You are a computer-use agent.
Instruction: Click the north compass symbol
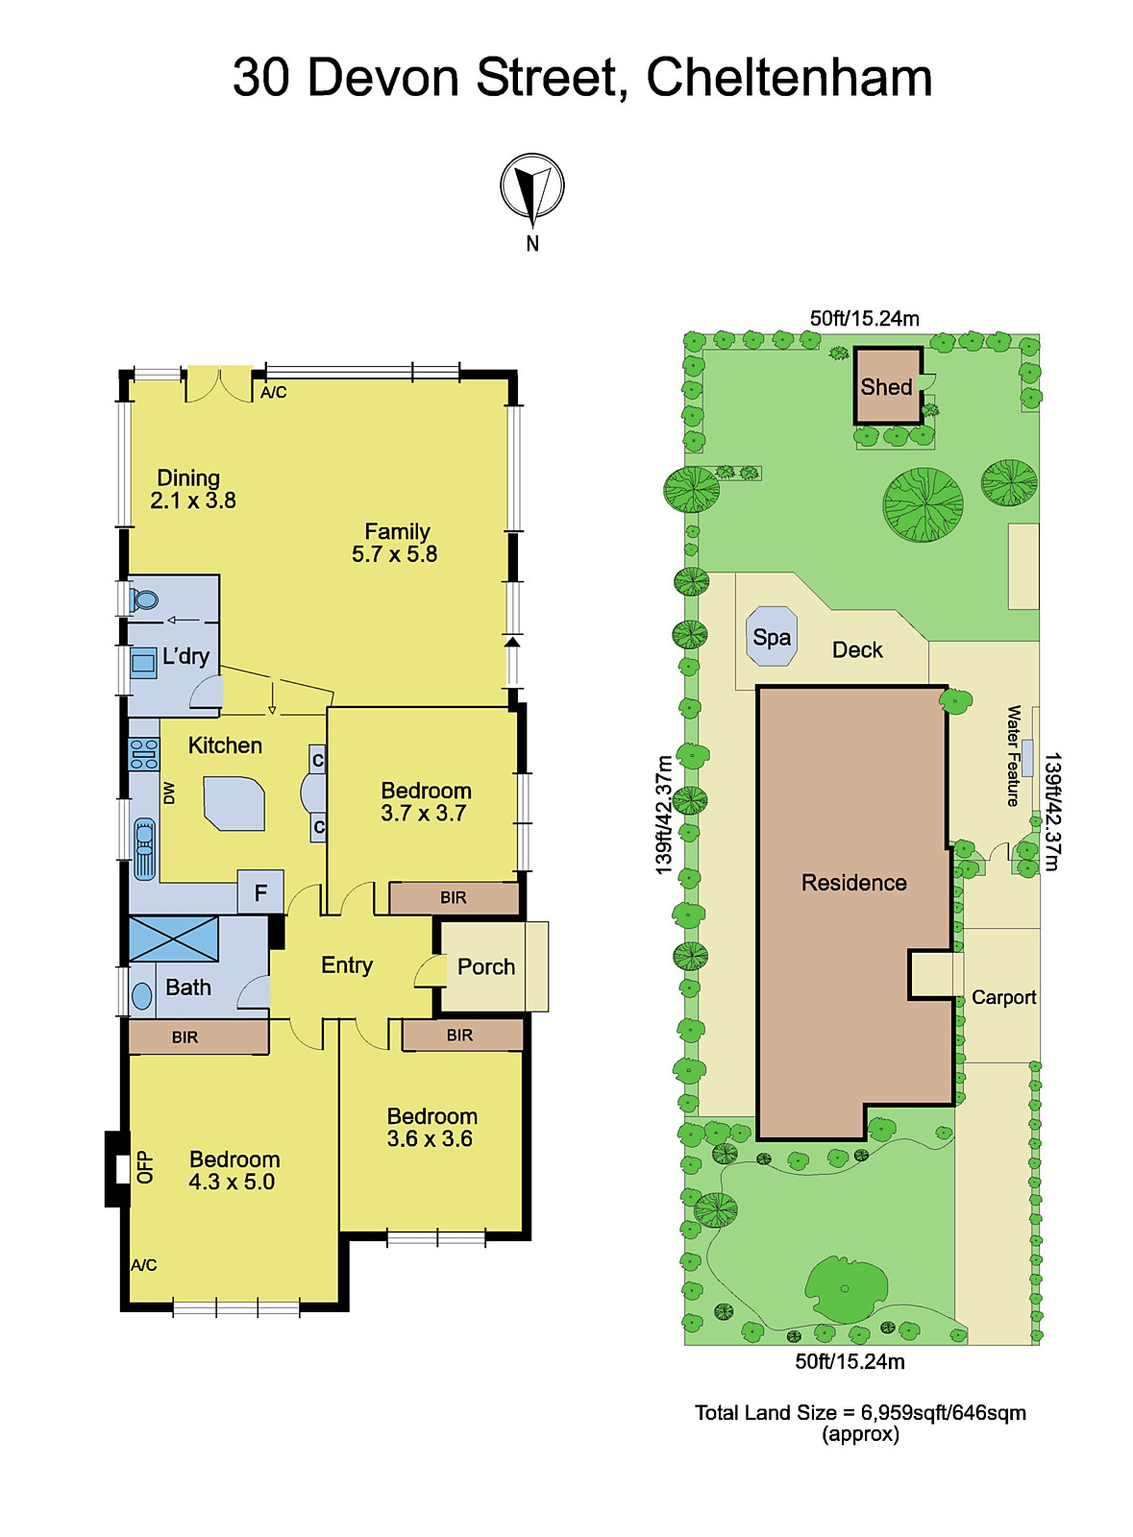(x=531, y=186)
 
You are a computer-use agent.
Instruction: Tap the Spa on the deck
(x=772, y=637)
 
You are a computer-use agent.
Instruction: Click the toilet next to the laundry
(x=145, y=600)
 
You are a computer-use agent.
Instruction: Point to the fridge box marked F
(x=260, y=892)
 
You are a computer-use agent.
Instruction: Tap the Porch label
(x=486, y=966)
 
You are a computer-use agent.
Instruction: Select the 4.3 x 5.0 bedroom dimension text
(x=232, y=1183)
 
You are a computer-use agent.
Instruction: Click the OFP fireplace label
(x=145, y=1167)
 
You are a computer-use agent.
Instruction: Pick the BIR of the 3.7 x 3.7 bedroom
(x=454, y=898)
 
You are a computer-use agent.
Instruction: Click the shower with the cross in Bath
(x=173, y=939)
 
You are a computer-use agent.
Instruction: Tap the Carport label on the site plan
(x=1003, y=997)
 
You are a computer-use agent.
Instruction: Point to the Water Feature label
(x=1014, y=756)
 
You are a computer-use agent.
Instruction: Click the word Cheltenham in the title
(x=789, y=78)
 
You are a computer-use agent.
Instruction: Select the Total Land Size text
(x=860, y=1413)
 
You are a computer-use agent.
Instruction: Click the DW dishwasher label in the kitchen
(x=170, y=793)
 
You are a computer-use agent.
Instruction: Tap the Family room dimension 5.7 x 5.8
(x=394, y=554)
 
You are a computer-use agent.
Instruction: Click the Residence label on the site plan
(x=853, y=883)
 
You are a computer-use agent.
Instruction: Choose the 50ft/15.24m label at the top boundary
(x=864, y=319)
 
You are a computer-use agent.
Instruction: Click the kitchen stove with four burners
(x=144, y=754)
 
